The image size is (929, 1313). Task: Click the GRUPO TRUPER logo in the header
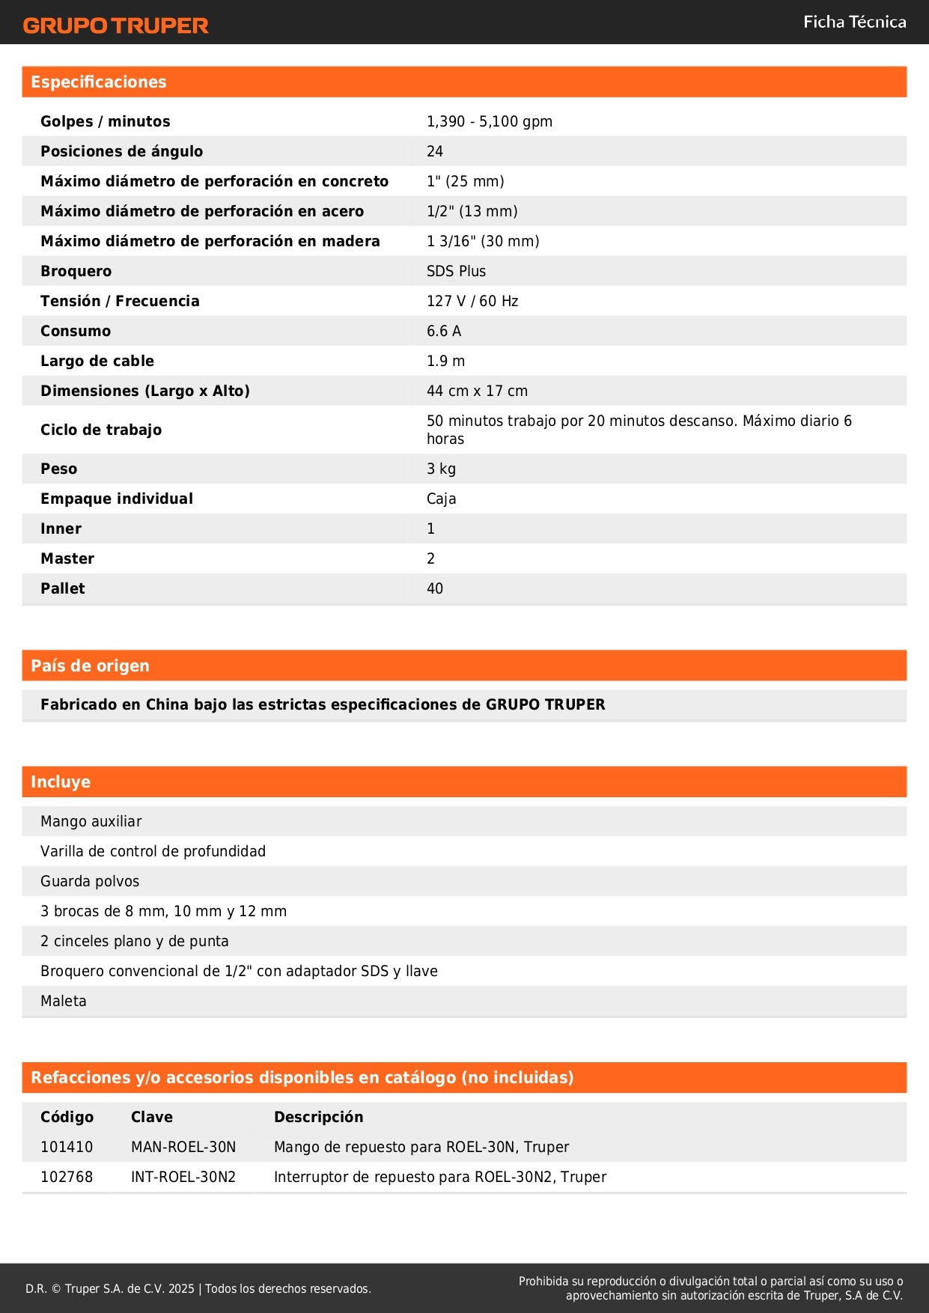[x=115, y=25]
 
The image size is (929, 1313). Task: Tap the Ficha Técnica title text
[x=854, y=22]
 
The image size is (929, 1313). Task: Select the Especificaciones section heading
[x=99, y=82]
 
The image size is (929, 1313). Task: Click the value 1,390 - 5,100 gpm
[x=489, y=121]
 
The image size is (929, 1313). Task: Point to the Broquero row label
[x=76, y=271]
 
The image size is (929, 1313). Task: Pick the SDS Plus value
[x=456, y=271]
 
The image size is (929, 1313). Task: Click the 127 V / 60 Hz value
[x=472, y=301]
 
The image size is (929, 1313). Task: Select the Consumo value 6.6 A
[x=443, y=331]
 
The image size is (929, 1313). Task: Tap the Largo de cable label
[x=97, y=361]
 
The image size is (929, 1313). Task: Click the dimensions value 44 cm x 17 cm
[x=477, y=391]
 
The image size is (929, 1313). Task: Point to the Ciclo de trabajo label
[x=101, y=430]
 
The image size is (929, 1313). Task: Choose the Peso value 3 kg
[x=441, y=469]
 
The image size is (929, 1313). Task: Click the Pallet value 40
[x=434, y=588]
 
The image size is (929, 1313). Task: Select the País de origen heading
[x=90, y=665]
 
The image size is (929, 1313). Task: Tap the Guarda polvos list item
[x=90, y=881]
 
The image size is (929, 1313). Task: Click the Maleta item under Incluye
[x=64, y=1001]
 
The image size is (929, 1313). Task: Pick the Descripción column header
[x=318, y=1117]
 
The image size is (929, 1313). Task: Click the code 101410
[x=67, y=1147]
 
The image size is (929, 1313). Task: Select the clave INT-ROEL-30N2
[x=183, y=1177]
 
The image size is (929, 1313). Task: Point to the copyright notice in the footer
[x=198, y=1288]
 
